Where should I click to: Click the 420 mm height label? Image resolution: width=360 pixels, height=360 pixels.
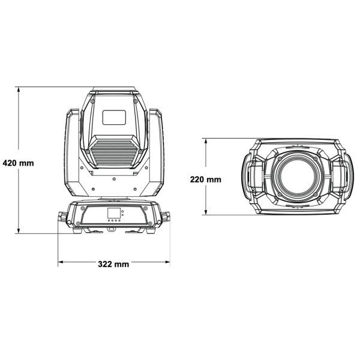(18, 163)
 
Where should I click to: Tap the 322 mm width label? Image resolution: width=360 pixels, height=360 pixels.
(113, 263)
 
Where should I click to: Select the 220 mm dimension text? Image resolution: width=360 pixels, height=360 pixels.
(206, 179)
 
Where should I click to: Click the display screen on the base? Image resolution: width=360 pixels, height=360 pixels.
(113, 213)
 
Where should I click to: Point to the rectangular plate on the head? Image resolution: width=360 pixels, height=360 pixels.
(114, 118)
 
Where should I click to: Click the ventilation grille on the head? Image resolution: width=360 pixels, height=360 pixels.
(114, 150)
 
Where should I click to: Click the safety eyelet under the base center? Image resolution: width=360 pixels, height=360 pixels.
(113, 229)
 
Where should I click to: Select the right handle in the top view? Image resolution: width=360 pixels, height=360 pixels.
(341, 177)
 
